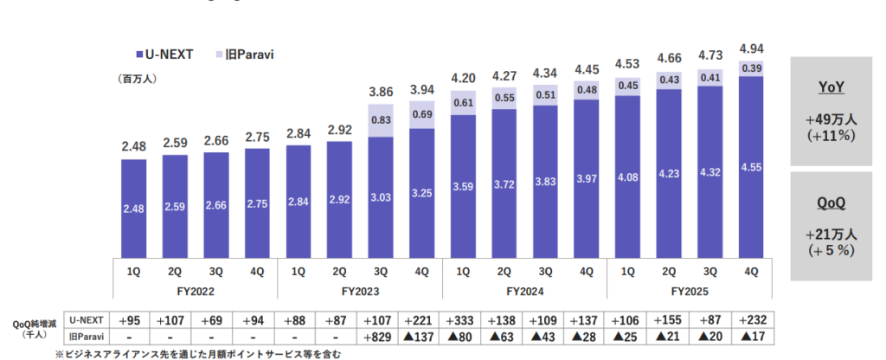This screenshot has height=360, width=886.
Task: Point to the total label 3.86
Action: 381,90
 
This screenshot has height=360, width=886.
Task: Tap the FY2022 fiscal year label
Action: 196,291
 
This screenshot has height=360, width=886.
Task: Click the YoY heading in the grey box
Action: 831,87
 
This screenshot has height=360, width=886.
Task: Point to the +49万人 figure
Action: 831,119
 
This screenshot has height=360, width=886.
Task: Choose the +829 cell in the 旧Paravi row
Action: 381,336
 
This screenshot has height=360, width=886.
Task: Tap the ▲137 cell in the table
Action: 421,336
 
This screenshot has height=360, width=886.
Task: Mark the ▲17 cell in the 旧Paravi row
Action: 751,336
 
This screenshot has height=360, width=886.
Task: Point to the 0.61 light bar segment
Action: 463,102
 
